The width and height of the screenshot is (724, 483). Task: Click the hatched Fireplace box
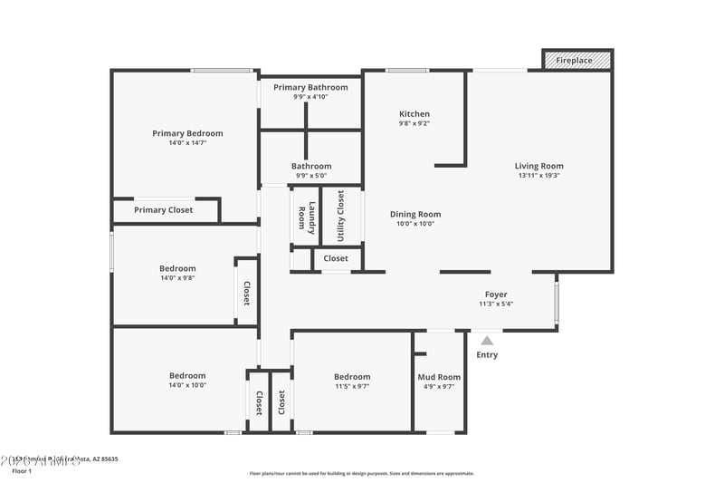(576, 60)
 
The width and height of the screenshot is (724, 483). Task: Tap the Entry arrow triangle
(487, 341)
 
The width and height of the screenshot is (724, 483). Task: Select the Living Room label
(539, 166)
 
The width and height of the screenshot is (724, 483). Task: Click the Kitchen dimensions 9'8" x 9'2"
(414, 124)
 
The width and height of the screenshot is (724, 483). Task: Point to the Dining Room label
(415, 215)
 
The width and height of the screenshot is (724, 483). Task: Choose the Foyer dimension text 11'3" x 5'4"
(495, 304)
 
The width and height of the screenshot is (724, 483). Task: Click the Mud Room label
(439, 377)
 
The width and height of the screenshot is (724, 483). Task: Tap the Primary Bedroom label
(187, 133)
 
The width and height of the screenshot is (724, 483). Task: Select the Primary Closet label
(163, 210)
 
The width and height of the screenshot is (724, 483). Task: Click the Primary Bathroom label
(310, 87)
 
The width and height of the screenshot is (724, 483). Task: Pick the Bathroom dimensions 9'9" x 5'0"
(310, 176)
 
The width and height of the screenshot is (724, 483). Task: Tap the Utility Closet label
(340, 215)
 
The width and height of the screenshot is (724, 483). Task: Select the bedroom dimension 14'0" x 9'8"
(177, 278)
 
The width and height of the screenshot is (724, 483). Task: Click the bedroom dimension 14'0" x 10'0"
(187, 385)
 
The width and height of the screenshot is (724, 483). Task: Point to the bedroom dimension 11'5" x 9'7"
(352, 386)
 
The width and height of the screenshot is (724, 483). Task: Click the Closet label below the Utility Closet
(336, 258)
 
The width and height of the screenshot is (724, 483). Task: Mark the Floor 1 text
(22, 471)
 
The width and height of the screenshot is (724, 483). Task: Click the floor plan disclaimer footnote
(361, 473)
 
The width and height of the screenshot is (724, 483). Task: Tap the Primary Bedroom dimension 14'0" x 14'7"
(187, 143)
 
